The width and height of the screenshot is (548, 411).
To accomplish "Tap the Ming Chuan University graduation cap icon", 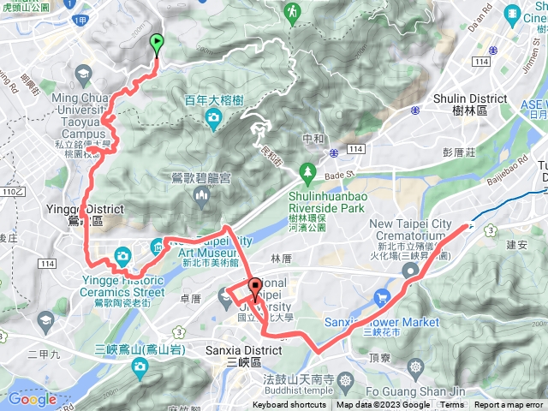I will (82, 76).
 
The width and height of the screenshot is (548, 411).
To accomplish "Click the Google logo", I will (32, 399).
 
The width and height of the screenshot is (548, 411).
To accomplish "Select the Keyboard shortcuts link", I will (289, 405).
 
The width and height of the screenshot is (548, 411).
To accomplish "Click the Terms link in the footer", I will (452, 405).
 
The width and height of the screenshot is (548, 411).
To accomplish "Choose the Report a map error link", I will (509, 405).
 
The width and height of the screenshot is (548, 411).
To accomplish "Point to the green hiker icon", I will (293, 11).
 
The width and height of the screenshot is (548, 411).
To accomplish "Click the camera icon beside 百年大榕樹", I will (213, 121).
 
